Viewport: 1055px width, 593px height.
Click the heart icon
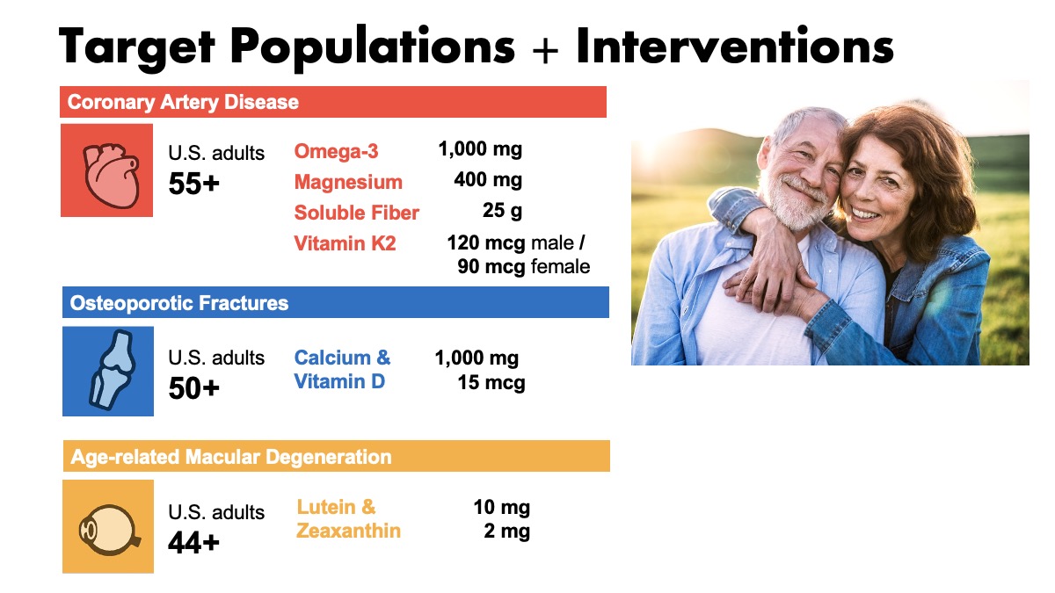111,176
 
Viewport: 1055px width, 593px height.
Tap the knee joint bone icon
113,370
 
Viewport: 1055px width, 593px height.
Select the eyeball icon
109,530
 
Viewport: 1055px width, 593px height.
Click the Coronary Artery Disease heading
183,102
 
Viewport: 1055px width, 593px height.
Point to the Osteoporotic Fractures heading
179,303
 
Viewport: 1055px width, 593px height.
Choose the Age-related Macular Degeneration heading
230,457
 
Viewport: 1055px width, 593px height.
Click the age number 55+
194,184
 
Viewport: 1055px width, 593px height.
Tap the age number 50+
194,388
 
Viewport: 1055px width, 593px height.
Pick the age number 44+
194,543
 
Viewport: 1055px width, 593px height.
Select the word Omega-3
336,151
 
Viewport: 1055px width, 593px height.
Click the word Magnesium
348,182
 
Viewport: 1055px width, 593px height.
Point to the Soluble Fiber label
357,213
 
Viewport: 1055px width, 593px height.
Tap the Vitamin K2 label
345,243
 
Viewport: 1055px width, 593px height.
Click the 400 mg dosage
488,180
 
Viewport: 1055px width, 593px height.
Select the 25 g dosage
502,210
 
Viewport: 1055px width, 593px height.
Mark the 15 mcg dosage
491,382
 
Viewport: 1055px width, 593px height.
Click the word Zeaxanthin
348,531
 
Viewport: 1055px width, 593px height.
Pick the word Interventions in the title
735,46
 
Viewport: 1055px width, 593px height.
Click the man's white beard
791,203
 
